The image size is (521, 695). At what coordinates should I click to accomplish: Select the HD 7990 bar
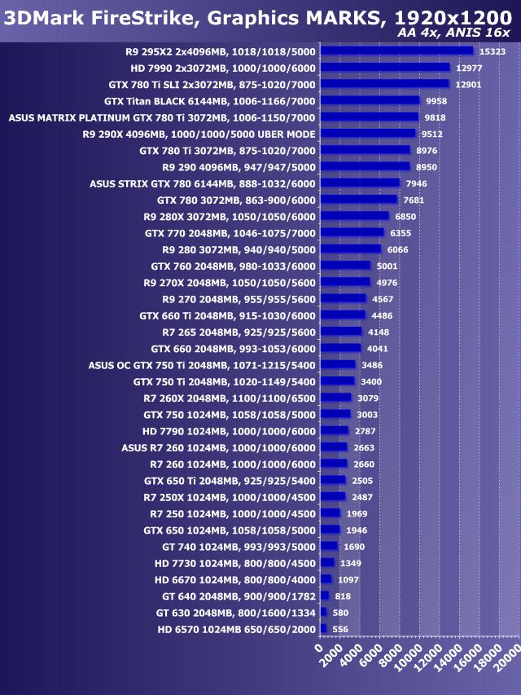click(384, 68)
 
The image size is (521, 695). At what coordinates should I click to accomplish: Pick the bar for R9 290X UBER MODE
click(368, 134)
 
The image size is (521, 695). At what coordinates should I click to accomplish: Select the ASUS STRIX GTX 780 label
click(202, 183)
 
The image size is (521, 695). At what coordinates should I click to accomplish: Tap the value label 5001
click(387, 266)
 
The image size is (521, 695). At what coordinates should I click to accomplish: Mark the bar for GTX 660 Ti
click(343, 315)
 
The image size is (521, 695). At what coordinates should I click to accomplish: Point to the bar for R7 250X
click(333, 497)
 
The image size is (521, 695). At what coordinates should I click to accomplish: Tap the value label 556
click(341, 629)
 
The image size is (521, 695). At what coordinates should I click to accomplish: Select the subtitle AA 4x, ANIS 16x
click(453, 33)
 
